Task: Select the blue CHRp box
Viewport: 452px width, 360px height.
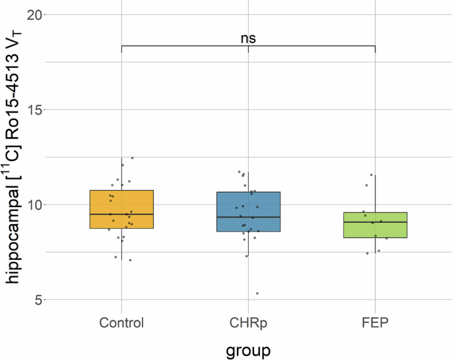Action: click(248, 211)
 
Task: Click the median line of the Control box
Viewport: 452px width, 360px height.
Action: click(122, 214)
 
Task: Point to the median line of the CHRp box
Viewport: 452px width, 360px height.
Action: click(248, 217)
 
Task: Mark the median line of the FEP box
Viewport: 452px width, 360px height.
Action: click(375, 222)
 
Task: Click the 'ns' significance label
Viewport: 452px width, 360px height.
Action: click(248, 38)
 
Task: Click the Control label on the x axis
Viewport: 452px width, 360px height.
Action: click(122, 322)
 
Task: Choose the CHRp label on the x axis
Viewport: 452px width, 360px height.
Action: click(248, 322)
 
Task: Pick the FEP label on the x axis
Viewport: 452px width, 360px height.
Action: click(375, 322)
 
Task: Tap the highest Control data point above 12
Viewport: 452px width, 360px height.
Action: click(132, 158)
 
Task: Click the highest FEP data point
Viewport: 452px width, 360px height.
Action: click(372, 175)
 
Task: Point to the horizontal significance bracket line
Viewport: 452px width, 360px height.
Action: click(185, 45)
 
